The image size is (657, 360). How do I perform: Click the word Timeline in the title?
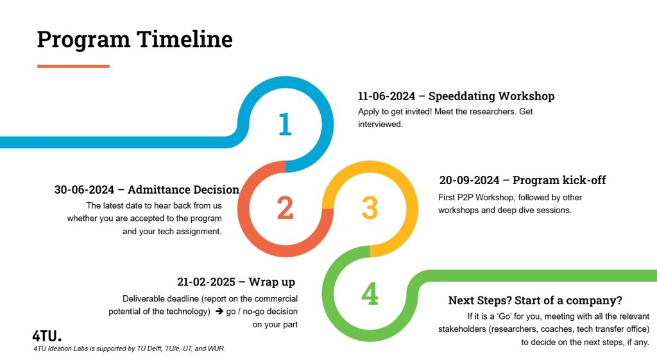click(x=185, y=39)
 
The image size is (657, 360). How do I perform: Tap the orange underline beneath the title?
click(x=73, y=66)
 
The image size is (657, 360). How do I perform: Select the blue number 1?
click(x=286, y=124)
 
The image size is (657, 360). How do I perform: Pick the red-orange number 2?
click(x=286, y=208)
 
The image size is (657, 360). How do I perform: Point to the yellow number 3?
click(x=370, y=208)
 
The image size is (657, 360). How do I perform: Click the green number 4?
click(x=370, y=293)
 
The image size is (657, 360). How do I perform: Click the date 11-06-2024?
click(x=386, y=96)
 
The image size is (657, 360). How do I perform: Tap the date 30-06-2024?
click(x=84, y=190)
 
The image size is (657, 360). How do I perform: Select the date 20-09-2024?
click(x=469, y=180)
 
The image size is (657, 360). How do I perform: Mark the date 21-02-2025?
click(x=206, y=282)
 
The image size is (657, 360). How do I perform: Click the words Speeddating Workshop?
click(x=491, y=96)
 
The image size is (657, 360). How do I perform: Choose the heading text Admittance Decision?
click(x=183, y=190)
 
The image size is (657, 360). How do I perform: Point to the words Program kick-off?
click(x=559, y=180)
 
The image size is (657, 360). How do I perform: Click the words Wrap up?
click(x=272, y=282)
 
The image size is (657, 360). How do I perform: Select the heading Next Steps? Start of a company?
click(x=535, y=300)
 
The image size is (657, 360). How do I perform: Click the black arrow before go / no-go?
click(x=219, y=311)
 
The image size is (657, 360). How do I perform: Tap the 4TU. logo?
click(x=46, y=336)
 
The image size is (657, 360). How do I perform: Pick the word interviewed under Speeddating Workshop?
click(x=380, y=124)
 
